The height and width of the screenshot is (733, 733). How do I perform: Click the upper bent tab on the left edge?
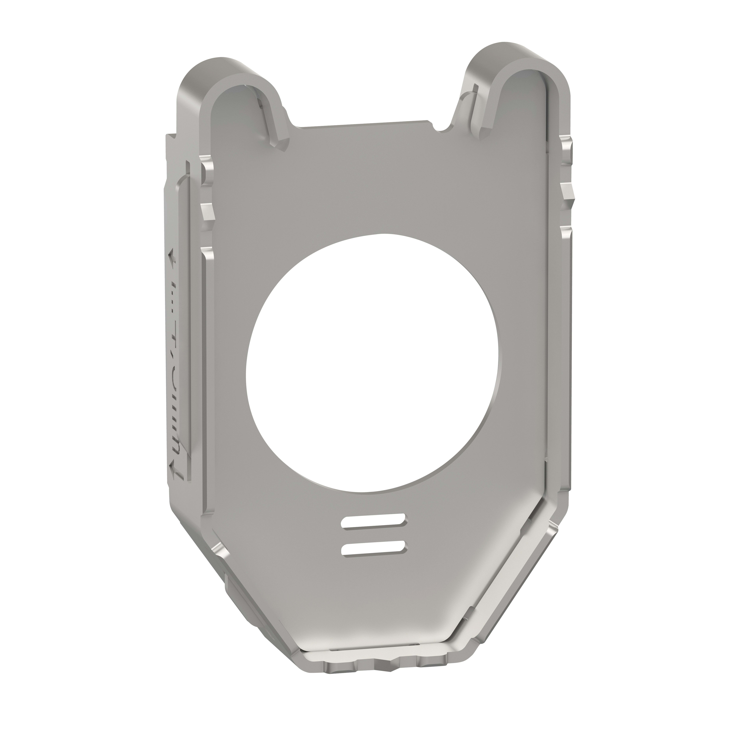[x=207, y=171]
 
